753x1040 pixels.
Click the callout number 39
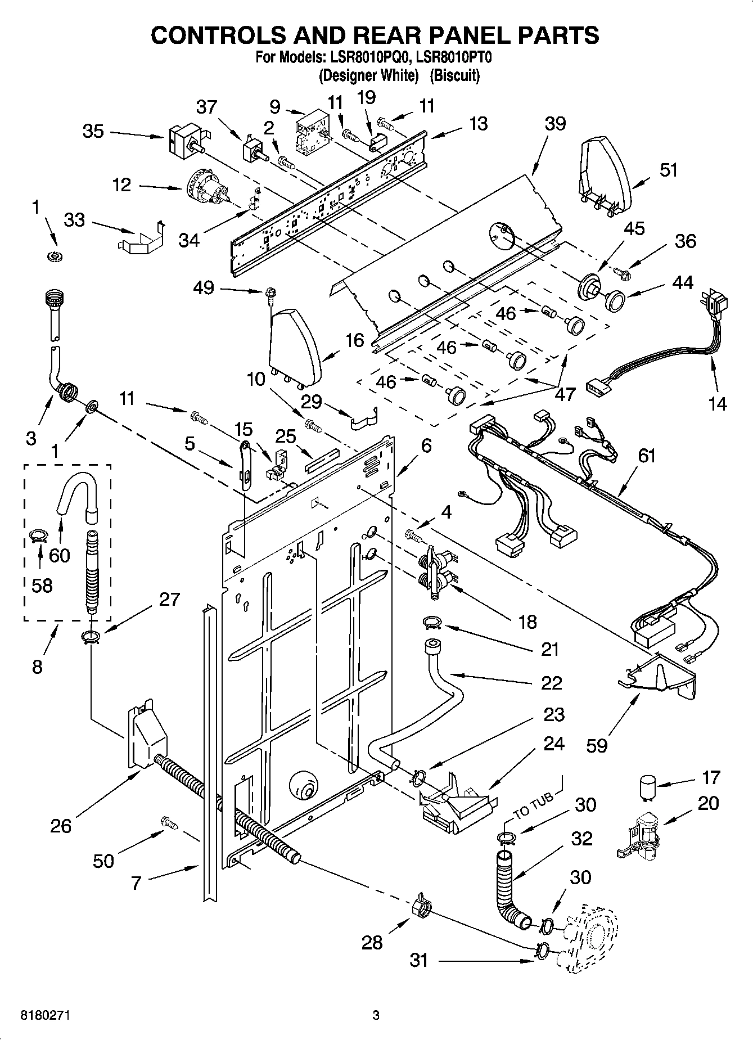[554, 124]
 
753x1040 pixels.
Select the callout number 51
[668, 170]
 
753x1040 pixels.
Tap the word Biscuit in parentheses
[455, 75]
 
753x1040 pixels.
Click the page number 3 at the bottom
[376, 1016]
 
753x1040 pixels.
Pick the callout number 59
[597, 746]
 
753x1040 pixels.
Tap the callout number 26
[61, 826]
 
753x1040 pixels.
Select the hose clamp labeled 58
[37, 536]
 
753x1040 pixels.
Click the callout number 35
[93, 131]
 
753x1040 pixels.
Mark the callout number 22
[551, 683]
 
